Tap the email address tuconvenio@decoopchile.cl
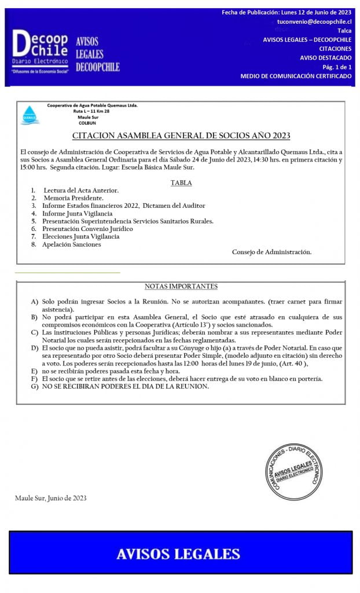(314, 21)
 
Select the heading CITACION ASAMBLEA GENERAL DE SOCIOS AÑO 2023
(181, 136)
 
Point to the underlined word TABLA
(181, 183)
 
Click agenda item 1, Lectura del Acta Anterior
(80, 191)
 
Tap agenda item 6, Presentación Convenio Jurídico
(87, 229)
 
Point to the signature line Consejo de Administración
(271, 252)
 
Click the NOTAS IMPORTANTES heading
(181, 286)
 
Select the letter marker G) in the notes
(35, 386)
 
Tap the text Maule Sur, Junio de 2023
(51, 498)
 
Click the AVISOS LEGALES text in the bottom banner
(178, 554)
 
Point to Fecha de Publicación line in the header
(286, 12)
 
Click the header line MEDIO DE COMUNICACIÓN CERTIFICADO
(296, 76)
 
